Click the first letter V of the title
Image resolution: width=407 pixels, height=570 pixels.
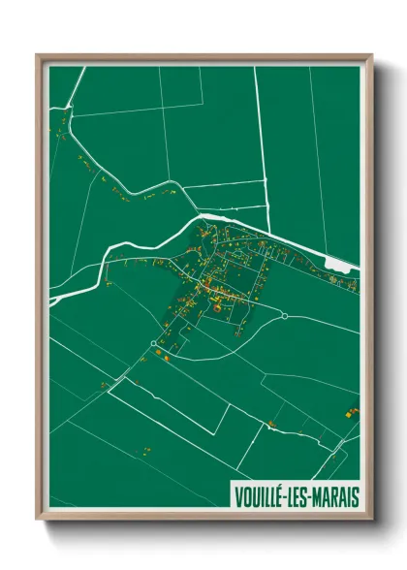[x=238, y=496]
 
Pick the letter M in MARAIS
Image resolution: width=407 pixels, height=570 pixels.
[x=317, y=496]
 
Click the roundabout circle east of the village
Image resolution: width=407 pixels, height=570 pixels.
[x=285, y=315]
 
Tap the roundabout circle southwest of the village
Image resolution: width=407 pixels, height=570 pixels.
[x=153, y=343]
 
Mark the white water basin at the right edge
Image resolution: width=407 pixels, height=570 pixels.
[x=340, y=263]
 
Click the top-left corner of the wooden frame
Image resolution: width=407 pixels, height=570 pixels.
[x=38, y=55]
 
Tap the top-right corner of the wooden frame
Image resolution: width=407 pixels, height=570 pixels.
[x=371, y=55]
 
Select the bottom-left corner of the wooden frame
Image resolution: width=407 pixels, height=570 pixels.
[x=38, y=520]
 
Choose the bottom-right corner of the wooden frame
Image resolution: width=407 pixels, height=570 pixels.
[x=371, y=520]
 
